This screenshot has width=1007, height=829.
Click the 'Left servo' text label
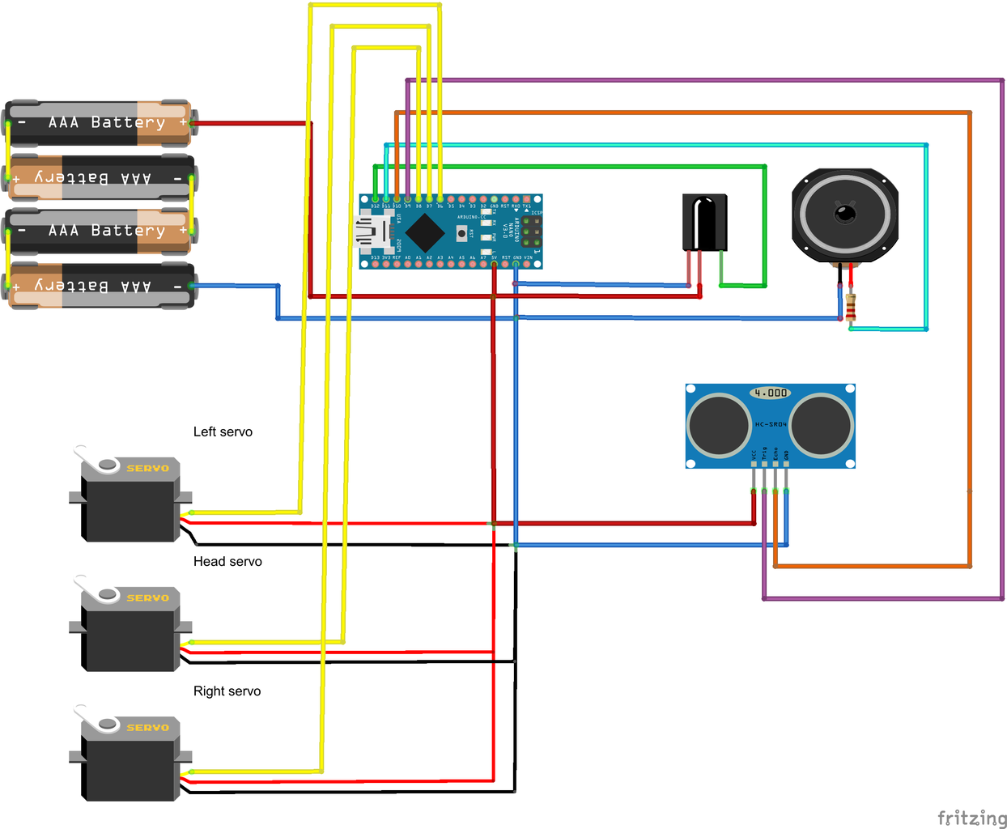click(x=223, y=432)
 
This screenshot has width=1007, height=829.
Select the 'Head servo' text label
click(x=227, y=562)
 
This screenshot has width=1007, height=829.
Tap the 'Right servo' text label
click(x=227, y=691)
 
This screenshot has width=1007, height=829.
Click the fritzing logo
click(x=971, y=818)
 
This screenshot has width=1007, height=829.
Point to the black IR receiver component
click(x=704, y=222)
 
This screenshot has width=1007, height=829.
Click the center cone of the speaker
click(x=845, y=215)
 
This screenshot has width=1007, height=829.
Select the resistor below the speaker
click(x=851, y=308)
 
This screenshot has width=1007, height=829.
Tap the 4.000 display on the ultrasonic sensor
click(x=770, y=393)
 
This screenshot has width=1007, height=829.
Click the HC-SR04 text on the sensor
click(x=770, y=424)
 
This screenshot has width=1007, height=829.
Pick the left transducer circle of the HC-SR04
click(x=719, y=425)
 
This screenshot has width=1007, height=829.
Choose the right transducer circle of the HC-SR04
click(x=821, y=425)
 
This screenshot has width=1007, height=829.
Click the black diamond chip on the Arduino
click(x=424, y=232)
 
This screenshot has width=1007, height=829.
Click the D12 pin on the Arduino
click(x=375, y=199)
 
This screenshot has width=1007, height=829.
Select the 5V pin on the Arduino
click(x=494, y=265)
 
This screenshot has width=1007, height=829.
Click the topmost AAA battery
click(x=99, y=123)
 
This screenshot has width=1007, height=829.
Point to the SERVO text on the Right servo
click(x=147, y=728)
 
